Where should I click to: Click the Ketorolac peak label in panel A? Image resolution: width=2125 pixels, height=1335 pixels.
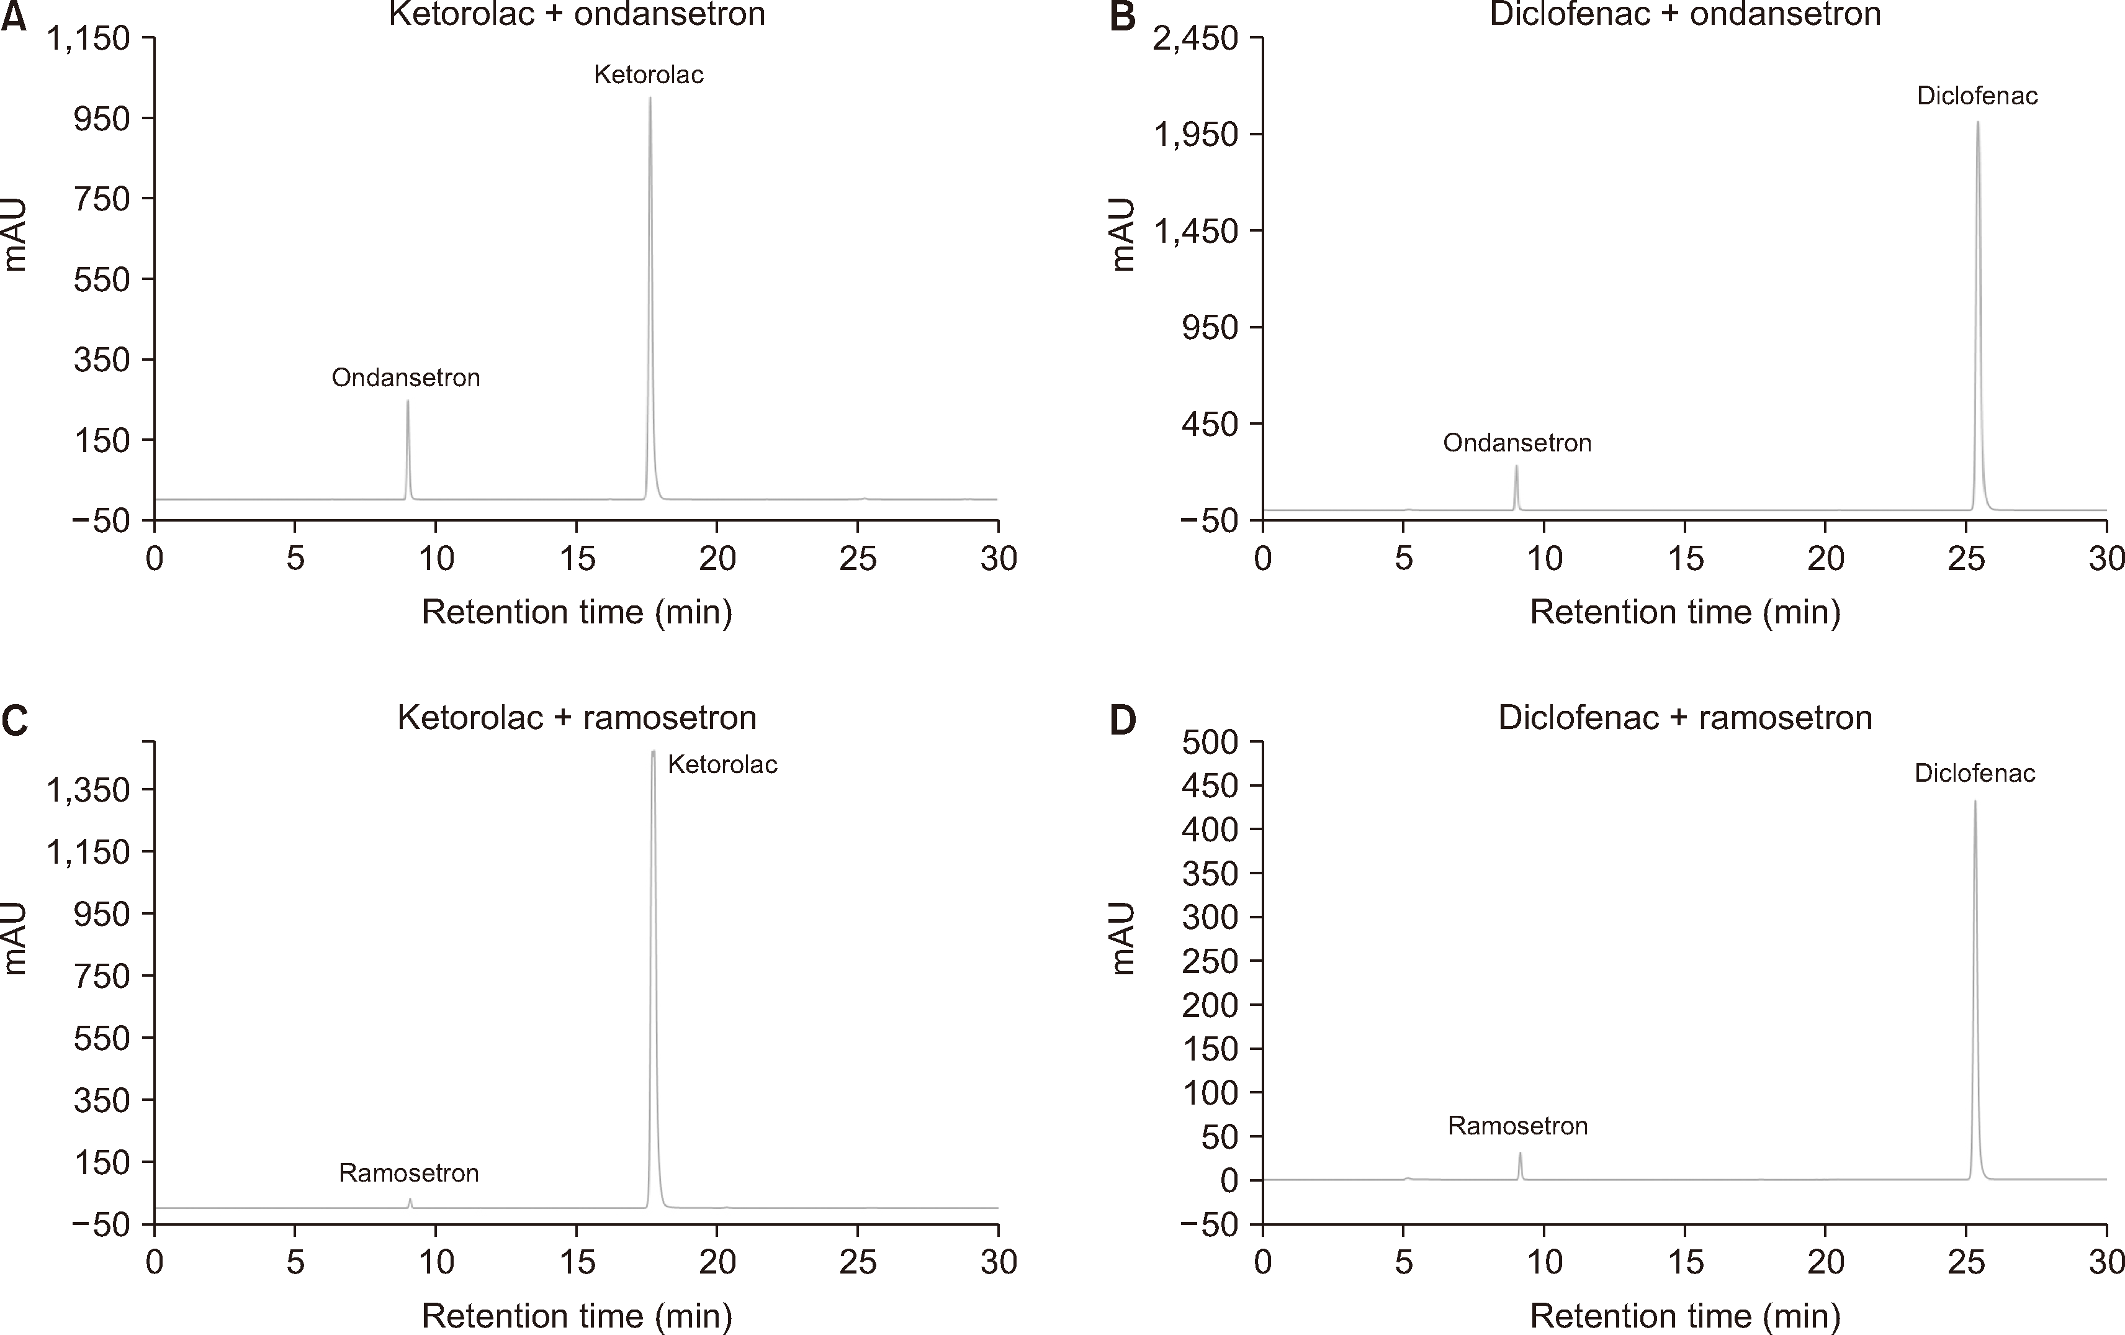(649, 75)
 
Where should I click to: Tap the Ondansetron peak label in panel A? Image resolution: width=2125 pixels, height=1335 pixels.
(406, 378)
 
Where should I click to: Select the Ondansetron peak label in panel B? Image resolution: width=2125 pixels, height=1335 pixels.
(1517, 443)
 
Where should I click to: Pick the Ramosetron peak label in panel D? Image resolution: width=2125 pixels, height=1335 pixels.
(1518, 1126)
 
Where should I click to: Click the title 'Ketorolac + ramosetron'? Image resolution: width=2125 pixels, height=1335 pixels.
(577, 717)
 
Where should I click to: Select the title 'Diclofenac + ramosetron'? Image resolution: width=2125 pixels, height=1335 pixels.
(1684, 717)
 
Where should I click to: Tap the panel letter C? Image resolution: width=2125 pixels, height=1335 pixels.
(14, 720)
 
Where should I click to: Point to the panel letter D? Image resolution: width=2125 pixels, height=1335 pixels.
(1123, 720)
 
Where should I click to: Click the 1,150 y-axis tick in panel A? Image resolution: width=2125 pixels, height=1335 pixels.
(88, 39)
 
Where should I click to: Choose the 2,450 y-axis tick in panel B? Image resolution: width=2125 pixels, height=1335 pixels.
(1196, 39)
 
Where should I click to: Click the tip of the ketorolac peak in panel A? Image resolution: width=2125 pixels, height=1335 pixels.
(650, 98)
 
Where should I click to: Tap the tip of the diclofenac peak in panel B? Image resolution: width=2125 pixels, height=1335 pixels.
(1978, 123)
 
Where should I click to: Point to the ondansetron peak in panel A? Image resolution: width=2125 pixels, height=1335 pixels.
(408, 402)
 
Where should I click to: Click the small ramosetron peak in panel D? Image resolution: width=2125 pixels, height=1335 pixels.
(1520, 1153)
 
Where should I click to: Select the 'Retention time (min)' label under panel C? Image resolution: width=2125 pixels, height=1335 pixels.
(577, 1316)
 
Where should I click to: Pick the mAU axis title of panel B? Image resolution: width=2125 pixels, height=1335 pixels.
(1123, 234)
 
